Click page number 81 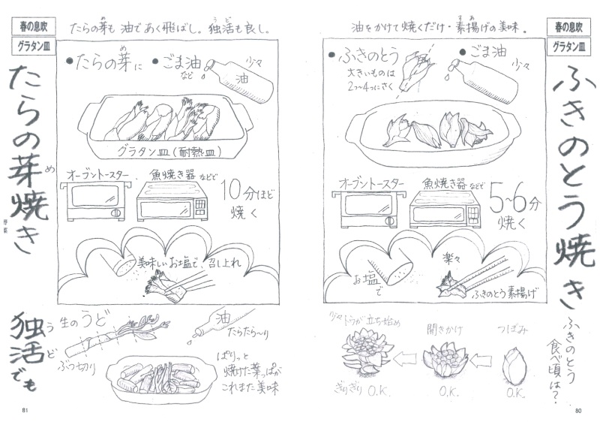(x=25, y=409)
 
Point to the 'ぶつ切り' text (x=78, y=366)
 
